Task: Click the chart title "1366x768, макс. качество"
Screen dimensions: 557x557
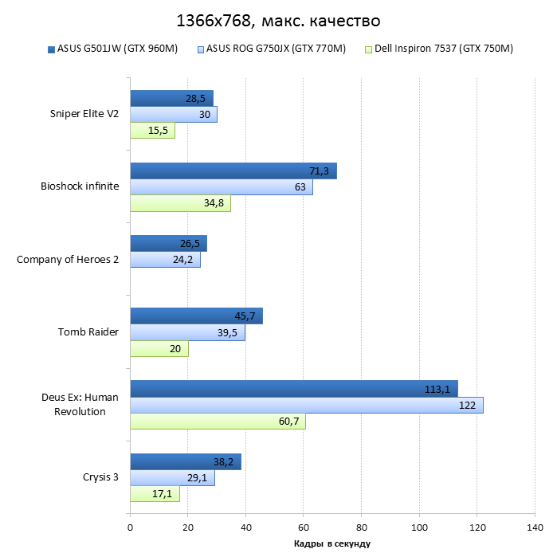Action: point(278,19)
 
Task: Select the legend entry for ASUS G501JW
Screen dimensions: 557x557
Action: point(112,49)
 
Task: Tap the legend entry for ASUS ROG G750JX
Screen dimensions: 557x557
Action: point(271,49)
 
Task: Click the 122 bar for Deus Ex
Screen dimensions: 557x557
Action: point(306,406)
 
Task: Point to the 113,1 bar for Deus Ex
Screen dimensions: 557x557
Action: point(293,389)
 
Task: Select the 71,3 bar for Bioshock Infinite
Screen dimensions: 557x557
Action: point(233,171)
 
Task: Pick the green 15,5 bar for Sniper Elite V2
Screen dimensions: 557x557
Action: point(152,131)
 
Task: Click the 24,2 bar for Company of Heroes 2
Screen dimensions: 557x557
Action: point(165,260)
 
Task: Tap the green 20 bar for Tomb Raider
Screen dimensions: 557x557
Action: point(159,348)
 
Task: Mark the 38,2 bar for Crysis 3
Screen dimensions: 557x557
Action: point(185,461)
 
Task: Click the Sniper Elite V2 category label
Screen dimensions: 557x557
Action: point(84,114)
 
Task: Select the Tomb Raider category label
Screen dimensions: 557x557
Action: point(88,331)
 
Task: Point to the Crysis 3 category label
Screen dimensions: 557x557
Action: point(100,477)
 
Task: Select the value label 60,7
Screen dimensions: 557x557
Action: point(289,422)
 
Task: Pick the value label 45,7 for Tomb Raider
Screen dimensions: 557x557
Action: point(248,316)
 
